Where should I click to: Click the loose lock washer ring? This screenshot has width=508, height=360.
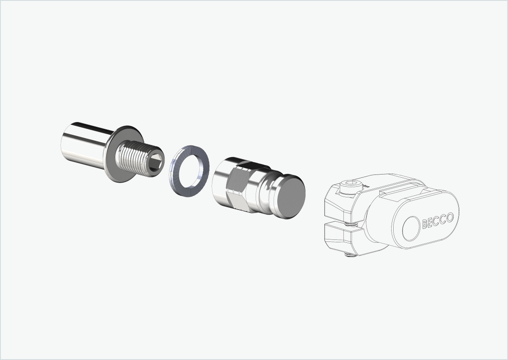pyautogui.click(x=189, y=171)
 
